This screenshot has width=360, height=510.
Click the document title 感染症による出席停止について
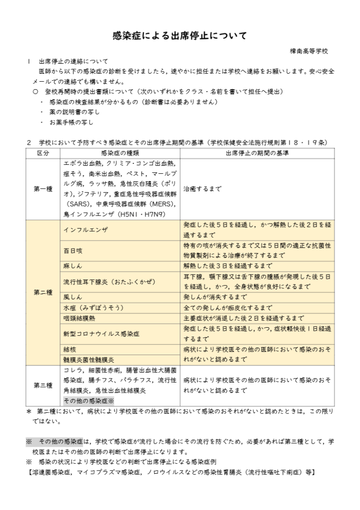point(180,36)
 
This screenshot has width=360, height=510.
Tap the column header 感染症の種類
point(120,152)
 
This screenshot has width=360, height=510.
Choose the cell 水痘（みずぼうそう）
point(94,308)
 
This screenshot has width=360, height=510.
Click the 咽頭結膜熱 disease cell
point(80,318)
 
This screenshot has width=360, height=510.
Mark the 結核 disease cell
point(70,349)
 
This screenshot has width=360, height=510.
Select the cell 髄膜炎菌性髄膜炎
point(89,360)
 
